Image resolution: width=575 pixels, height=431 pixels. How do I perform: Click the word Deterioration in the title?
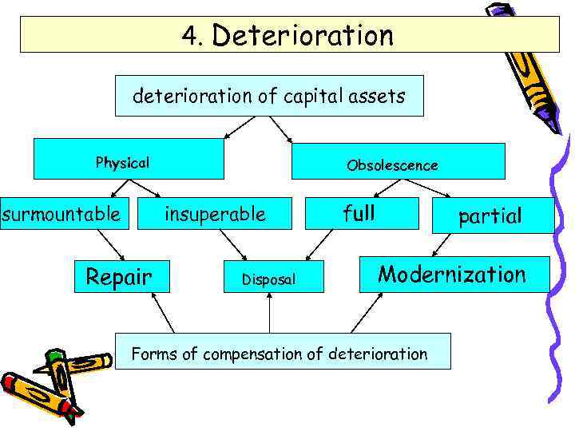[303, 36]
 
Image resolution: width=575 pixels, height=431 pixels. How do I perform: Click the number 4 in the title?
[188, 36]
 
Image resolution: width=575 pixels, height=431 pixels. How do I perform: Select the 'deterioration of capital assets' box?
[269, 97]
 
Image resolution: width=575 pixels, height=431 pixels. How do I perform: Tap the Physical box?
[128, 160]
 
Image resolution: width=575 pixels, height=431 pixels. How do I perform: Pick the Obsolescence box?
[398, 161]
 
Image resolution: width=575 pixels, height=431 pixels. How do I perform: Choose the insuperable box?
[215, 214]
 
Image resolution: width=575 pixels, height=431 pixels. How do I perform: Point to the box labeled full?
[359, 213]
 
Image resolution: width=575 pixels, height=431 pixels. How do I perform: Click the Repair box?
[119, 277]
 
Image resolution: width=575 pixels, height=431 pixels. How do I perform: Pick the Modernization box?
[454, 275]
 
